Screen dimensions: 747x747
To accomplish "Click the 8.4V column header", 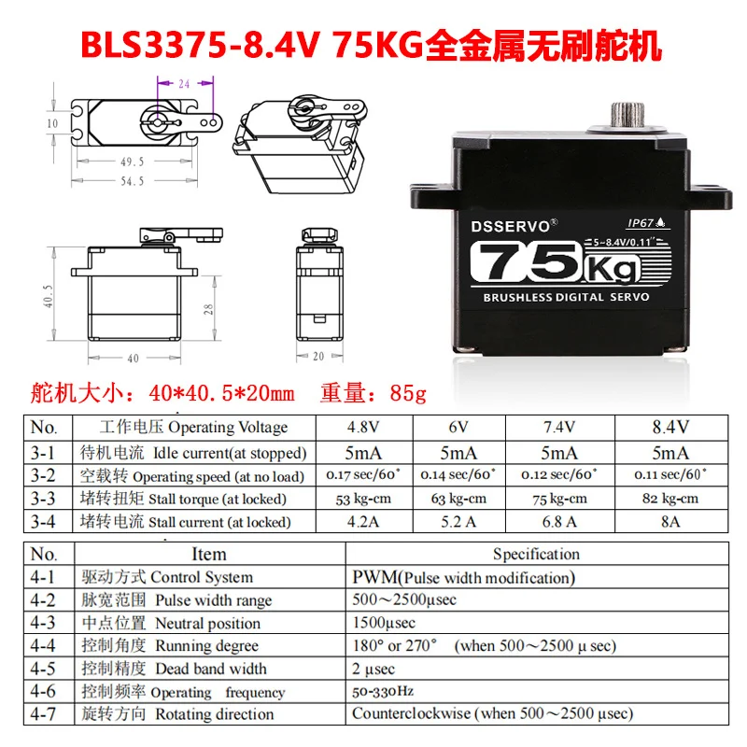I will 670,428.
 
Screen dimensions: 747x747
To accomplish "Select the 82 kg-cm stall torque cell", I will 670,499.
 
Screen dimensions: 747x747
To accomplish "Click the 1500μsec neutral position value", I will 384,623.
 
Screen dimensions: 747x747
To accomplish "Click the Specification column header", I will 536,555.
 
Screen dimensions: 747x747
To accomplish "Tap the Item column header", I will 208,555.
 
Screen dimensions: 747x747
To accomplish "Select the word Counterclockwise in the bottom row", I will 410,714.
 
